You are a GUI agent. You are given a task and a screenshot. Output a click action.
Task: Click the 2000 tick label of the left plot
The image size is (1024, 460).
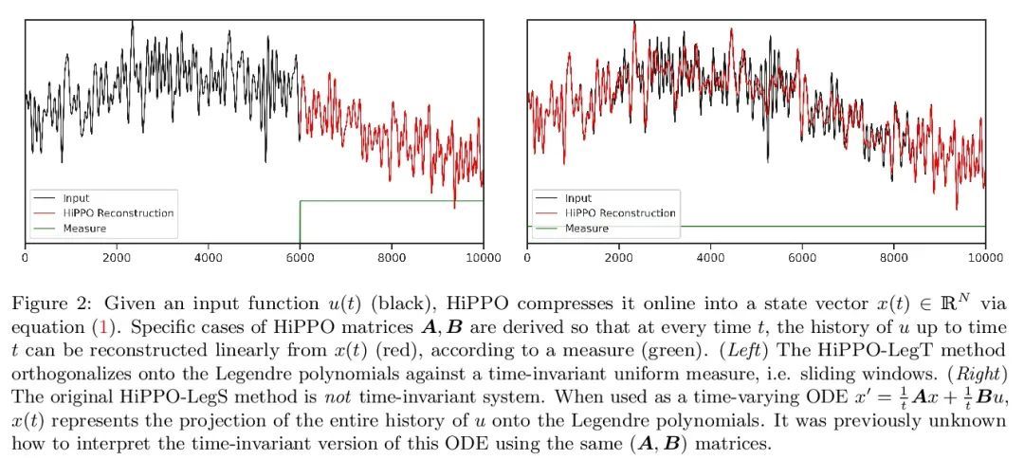(x=117, y=256)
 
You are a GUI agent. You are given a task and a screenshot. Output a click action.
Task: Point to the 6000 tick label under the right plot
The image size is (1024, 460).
(x=802, y=256)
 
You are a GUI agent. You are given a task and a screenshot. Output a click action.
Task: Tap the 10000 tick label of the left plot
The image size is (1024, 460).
(x=482, y=256)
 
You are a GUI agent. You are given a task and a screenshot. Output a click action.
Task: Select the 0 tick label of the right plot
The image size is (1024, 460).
(x=527, y=256)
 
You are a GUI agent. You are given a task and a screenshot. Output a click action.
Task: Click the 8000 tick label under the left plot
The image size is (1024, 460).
(x=392, y=256)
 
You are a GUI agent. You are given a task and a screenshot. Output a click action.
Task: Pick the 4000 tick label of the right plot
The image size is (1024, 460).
(x=710, y=256)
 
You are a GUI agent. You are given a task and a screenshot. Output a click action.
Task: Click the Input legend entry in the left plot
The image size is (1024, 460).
(x=76, y=198)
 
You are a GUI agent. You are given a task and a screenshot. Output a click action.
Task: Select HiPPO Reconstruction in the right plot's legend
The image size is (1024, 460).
(x=620, y=213)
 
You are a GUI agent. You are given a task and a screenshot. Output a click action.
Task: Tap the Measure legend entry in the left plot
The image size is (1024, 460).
(x=84, y=229)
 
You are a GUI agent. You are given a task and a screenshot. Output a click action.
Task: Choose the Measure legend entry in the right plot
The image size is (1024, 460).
(x=586, y=229)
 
